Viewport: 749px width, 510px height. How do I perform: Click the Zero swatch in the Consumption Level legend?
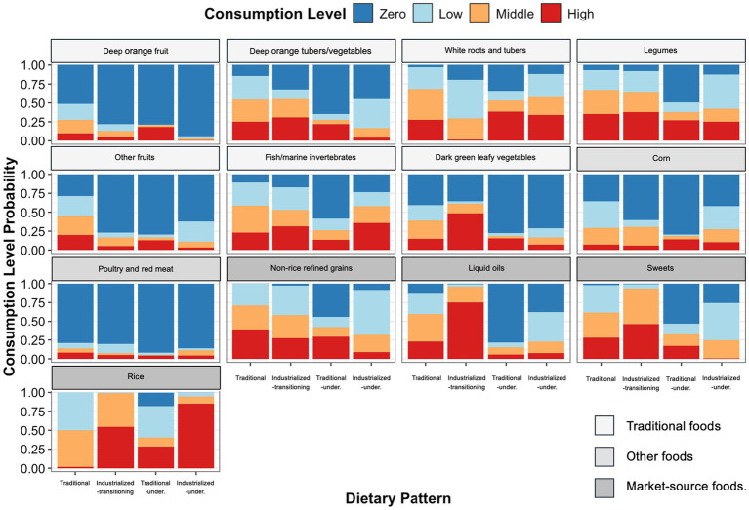click(x=363, y=14)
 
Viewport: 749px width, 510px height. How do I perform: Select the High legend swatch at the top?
click(x=551, y=14)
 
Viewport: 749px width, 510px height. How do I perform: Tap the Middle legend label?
click(x=515, y=14)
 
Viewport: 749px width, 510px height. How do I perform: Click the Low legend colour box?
click(x=423, y=14)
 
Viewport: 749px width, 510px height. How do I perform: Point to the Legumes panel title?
click(x=660, y=50)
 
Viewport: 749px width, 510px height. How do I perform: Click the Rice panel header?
click(x=136, y=377)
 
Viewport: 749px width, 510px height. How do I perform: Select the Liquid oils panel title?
click(x=486, y=268)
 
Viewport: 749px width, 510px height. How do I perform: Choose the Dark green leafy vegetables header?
click(x=486, y=158)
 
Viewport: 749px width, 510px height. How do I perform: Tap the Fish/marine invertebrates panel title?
click(x=311, y=157)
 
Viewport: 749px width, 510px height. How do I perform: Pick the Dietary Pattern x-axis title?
click(x=398, y=498)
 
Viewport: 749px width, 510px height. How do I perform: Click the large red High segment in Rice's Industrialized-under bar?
click(x=195, y=436)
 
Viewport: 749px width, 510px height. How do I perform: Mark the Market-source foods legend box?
click(x=604, y=488)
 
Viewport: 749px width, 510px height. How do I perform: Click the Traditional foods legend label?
click(x=673, y=426)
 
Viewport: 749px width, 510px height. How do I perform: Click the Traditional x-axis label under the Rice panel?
click(x=75, y=483)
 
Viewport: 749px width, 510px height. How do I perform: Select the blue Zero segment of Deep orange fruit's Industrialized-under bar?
click(x=195, y=100)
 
